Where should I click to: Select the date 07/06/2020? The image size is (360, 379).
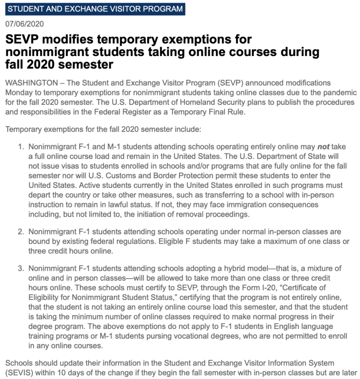click(24, 24)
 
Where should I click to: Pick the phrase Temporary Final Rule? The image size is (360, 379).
click(207, 112)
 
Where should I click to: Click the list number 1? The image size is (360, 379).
click(20, 147)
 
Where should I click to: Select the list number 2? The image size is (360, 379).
click(20, 232)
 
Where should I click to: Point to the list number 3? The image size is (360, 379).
click(20, 268)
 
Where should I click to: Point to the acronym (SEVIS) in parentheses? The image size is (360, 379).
click(19, 372)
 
